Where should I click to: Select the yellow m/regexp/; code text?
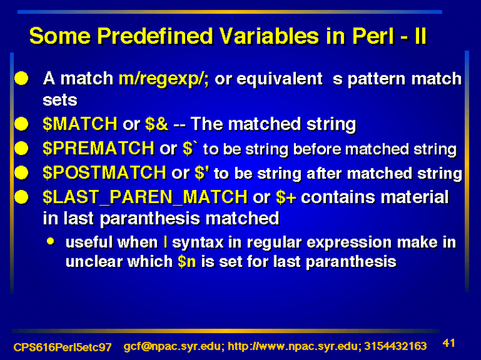pyautogui.click(x=164, y=79)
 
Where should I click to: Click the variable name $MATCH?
pyautogui.click(x=80, y=124)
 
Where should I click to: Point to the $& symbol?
pyautogui.click(x=157, y=124)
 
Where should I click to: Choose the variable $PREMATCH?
pyautogui.click(x=99, y=148)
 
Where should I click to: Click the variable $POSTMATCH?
pyautogui.click(x=105, y=172)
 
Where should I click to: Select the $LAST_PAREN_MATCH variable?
pyautogui.click(x=145, y=197)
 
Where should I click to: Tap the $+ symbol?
pyautogui.click(x=286, y=197)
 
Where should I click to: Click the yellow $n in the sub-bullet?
pyautogui.click(x=186, y=262)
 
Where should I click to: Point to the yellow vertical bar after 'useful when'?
pyautogui.click(x=166, y=242)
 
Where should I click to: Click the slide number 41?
pyautogui.click(x=449, y=343)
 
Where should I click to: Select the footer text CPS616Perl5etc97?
pyautogui.click(x=63, y=347)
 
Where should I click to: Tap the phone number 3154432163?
pyautogui.click(x=395, y=346)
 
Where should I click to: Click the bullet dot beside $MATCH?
pyautogui.click(x=22, y=124)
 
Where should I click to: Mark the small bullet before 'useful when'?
pyautogui.click(x=51, y=242)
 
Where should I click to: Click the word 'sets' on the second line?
pyautogui.click(x=60, y=100)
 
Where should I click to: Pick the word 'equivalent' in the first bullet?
pyautogui.click(x=280, y=79)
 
